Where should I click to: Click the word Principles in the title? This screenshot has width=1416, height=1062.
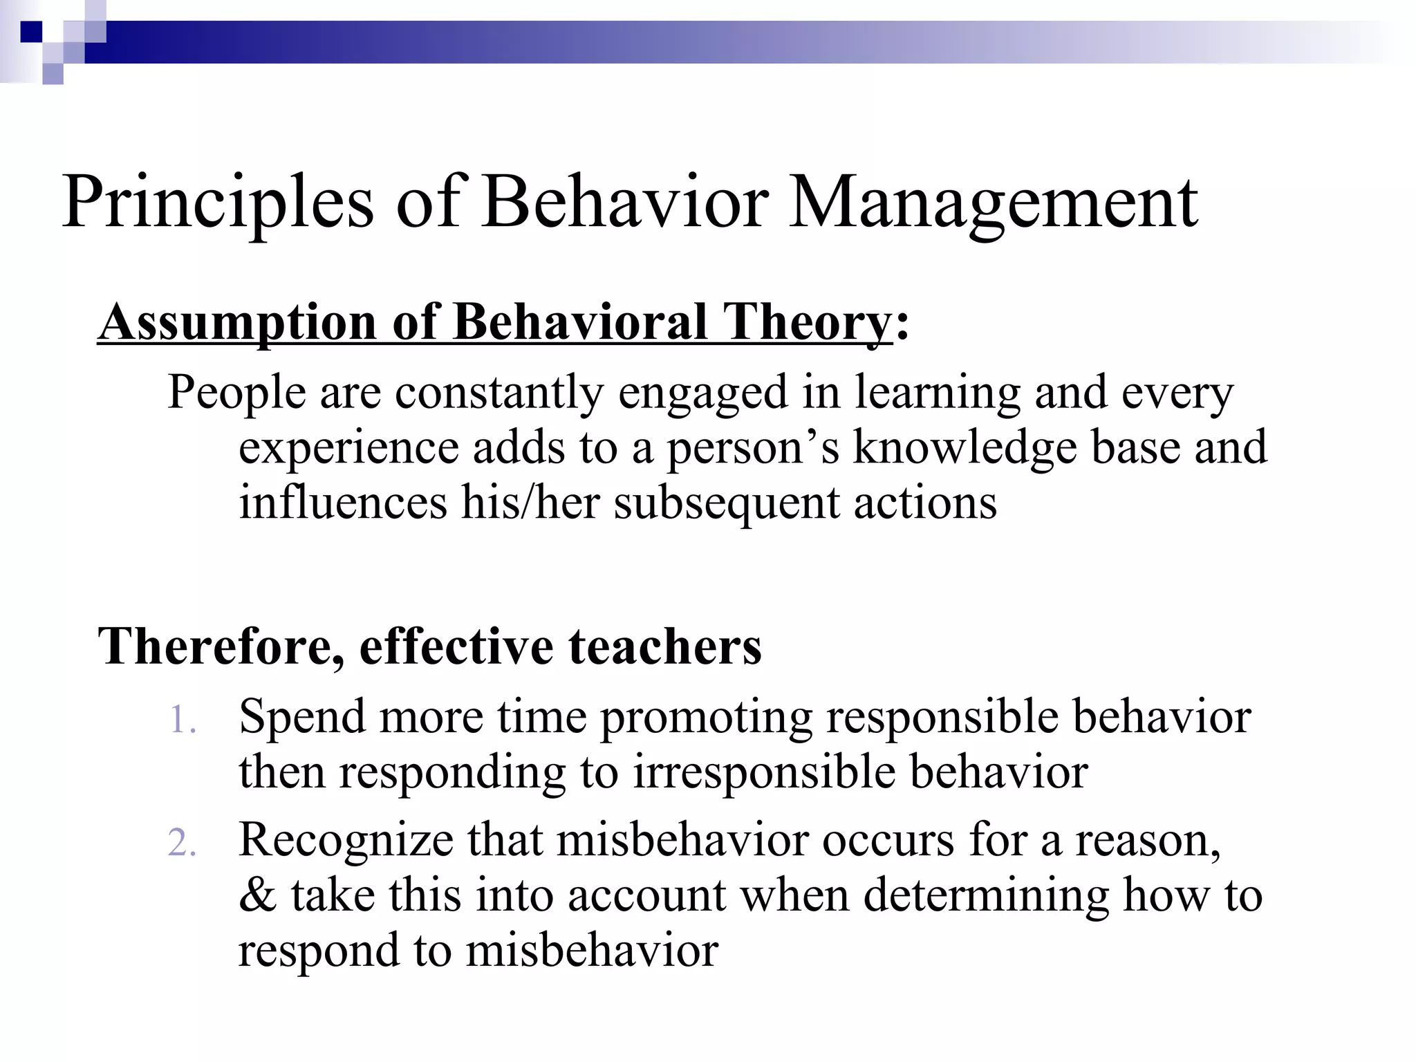tap(218, 203)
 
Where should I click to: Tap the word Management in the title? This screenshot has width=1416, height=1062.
tap(993, 203)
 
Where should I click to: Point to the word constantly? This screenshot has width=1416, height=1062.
tap(499, 392)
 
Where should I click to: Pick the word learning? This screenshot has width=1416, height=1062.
tap(937, 392)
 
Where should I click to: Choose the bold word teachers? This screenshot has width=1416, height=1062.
tap(664, 646)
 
